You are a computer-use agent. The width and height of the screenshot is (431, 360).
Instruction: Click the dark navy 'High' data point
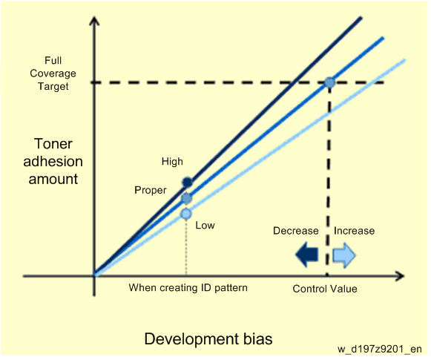[x=188, y=182]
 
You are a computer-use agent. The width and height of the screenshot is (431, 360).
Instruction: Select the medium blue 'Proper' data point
[x=187, y=198]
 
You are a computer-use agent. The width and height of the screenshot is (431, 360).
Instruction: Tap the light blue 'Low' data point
[x=186, y=214]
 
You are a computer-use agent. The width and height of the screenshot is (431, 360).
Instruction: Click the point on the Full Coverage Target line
[x=329, y=82]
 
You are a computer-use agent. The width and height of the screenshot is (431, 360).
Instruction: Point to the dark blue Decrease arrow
[x=307, y=255]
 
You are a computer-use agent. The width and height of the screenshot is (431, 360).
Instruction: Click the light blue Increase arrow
[x=344, y=255]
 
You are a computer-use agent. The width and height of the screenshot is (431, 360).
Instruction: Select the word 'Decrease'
[x=296, y=230]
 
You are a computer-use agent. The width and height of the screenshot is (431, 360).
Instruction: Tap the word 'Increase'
[x=354, y=230]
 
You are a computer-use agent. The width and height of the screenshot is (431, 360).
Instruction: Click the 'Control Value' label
[x=325, y=289]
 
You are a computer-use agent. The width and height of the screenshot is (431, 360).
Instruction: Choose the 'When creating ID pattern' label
[x=188, y=288]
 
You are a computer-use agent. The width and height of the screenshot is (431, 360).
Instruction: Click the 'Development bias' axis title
[x=208, y=338]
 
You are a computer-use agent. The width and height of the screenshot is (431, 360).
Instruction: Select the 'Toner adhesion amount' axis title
[x=53, y=161]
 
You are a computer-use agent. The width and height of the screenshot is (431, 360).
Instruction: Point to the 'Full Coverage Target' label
[x=53, y=73]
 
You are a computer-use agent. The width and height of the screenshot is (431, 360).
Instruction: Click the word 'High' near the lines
[x=172, y=161]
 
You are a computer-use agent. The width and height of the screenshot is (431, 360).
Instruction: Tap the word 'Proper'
[x=151, y=190]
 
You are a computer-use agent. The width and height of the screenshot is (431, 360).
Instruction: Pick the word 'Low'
[x=205, y=225]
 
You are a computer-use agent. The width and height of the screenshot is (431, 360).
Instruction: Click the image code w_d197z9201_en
[x=380, y=349]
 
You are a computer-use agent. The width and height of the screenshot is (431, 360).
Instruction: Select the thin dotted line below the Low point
[x=186, y=247]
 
